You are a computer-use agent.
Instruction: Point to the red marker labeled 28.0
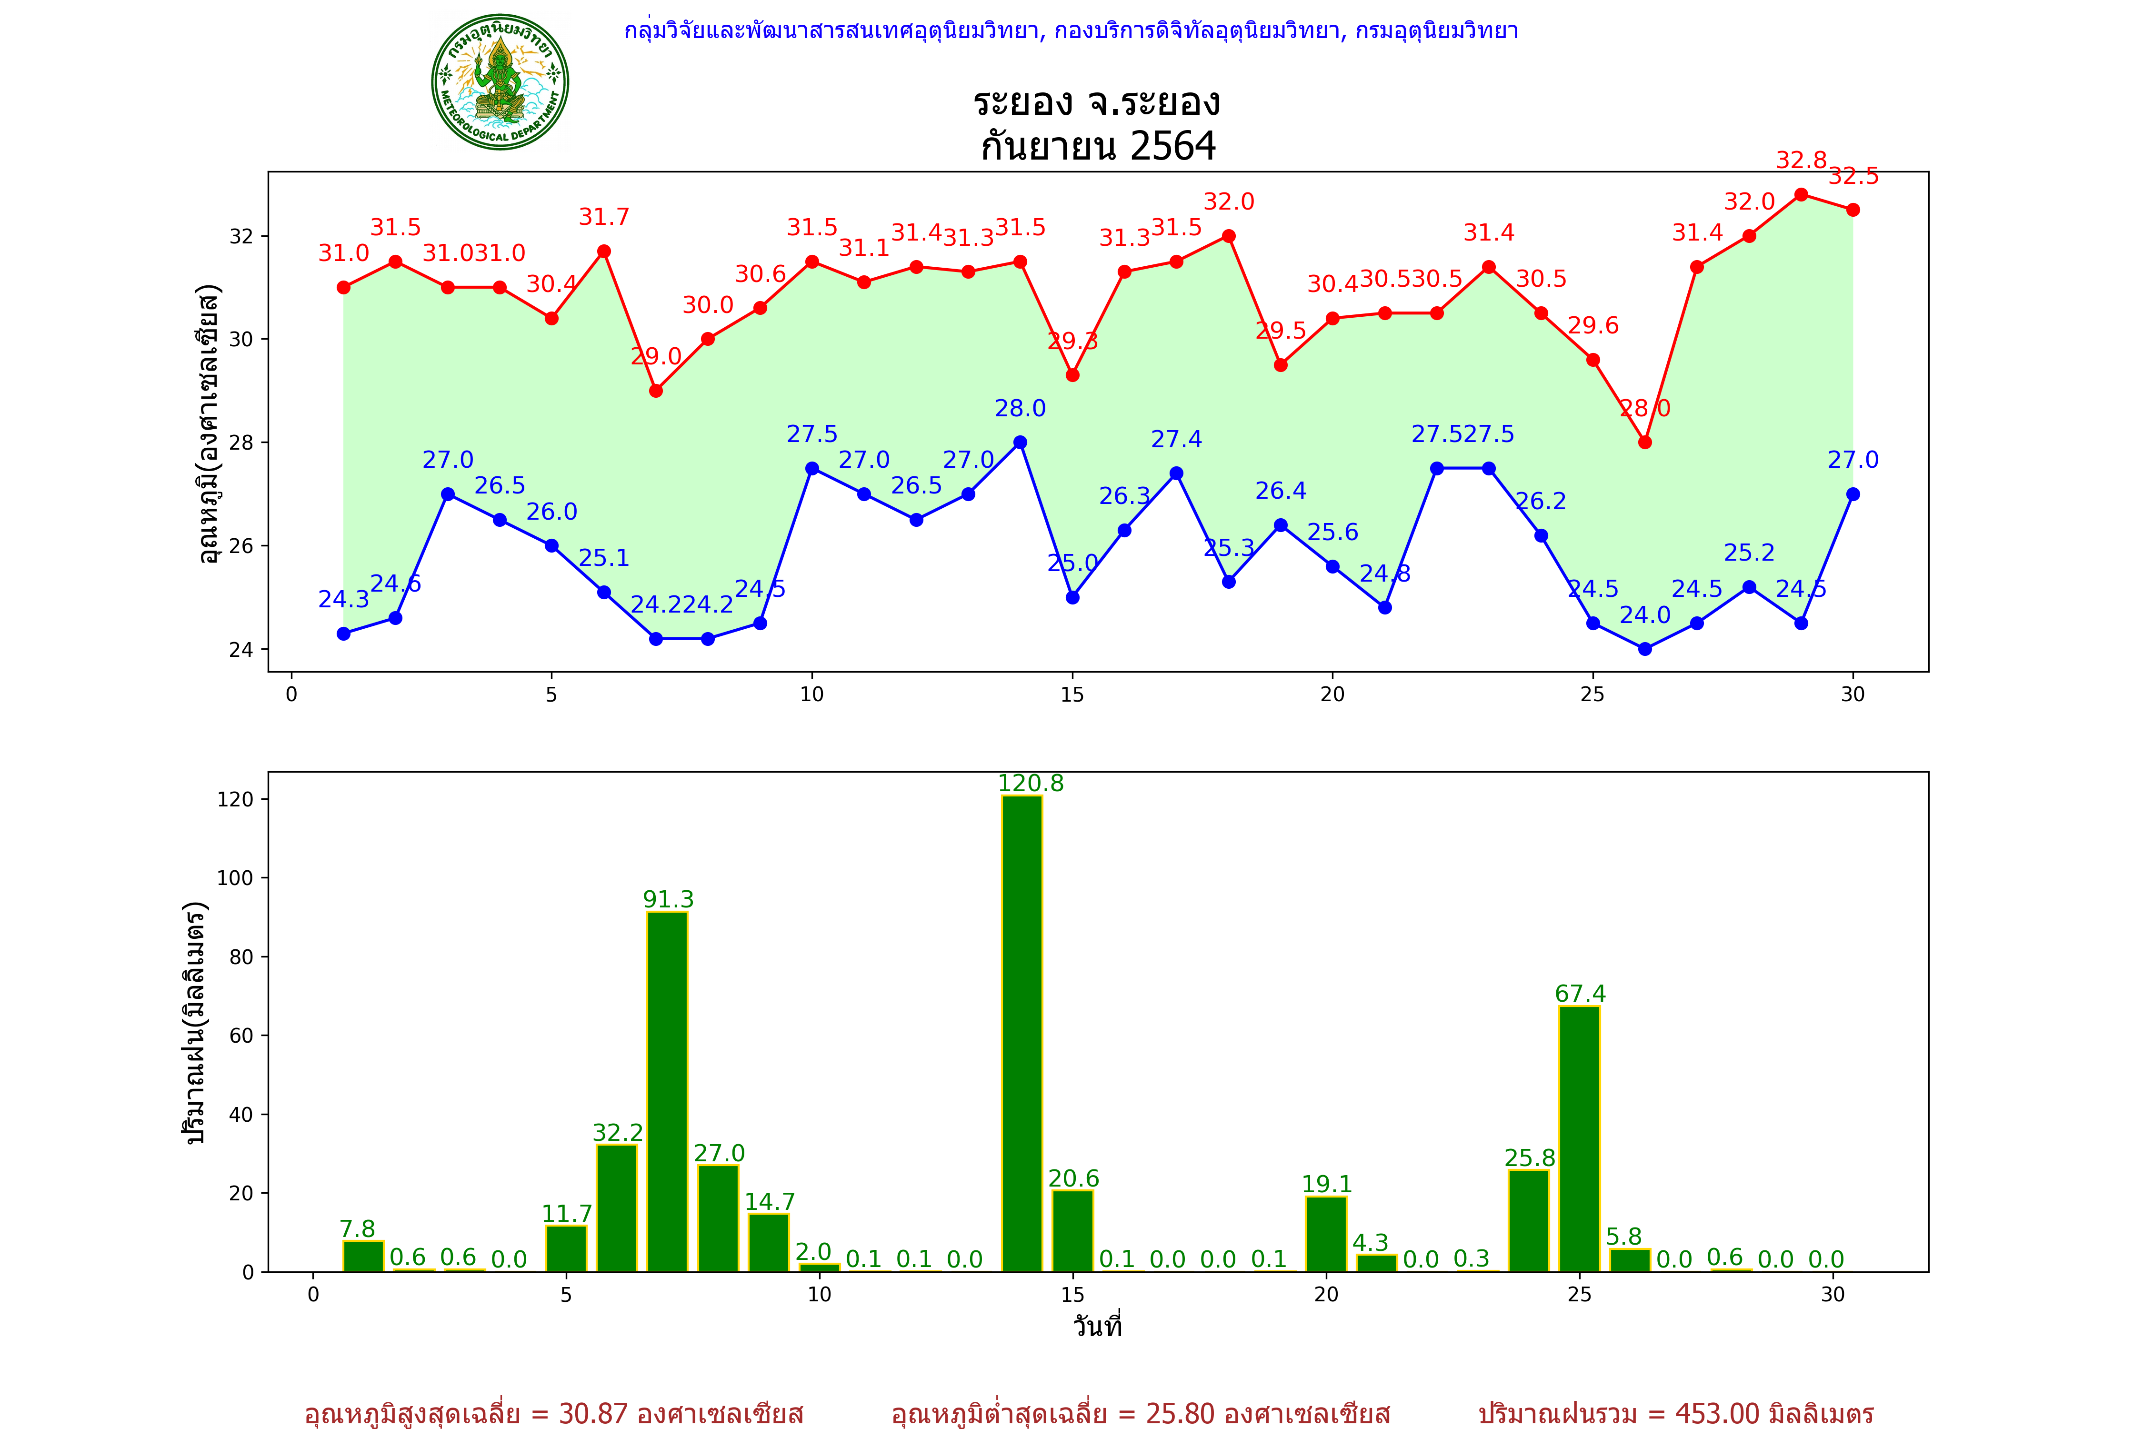click(x=1644, y=442)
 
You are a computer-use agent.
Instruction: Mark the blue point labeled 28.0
click(x=1021, y=442)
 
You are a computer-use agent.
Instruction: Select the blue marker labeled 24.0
click(x=1644, y=649)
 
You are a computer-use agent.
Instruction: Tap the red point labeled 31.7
click(x=603, y=252)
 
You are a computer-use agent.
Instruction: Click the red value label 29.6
click(x=1592, y=325)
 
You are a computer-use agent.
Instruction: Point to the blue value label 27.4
click(x=1176, y=439)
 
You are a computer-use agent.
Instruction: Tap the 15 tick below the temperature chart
click(x=1072, y=694)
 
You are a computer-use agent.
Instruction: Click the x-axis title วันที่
click(x=1097, y=1326)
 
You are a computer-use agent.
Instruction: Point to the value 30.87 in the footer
click(x=593, y=1413)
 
